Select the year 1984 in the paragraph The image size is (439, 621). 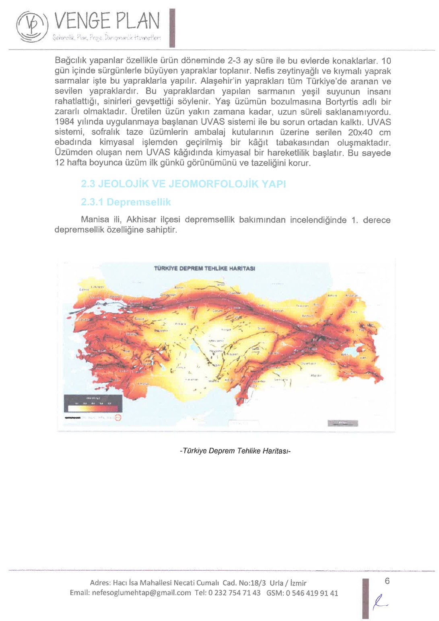63,122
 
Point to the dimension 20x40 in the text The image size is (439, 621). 360,132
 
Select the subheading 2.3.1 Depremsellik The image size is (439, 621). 126,202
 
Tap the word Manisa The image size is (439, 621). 95,220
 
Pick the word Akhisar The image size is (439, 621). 141,220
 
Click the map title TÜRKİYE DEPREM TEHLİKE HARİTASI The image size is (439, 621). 204,268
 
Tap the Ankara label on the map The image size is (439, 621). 180,324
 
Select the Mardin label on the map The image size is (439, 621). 316,375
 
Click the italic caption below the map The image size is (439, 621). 235,451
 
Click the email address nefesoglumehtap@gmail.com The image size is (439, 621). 141,593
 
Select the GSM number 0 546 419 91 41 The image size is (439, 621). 312,593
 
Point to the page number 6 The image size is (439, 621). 387,581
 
